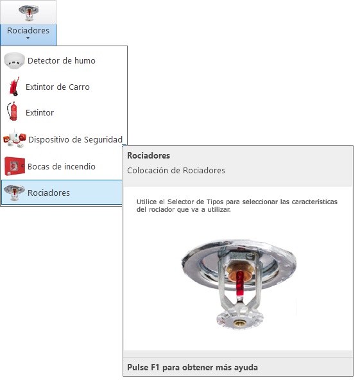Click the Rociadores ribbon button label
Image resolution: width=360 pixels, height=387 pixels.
[x=28, y=30]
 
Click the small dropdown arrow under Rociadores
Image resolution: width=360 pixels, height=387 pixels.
[x=28, y=39]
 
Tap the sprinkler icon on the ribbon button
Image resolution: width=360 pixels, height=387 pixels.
[x=29, y=13]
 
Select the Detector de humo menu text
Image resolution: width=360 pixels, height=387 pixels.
[x=62, y=60]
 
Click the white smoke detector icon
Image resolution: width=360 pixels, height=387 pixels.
[x=14, y=60]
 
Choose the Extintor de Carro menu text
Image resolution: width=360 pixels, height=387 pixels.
[x=58, y=87]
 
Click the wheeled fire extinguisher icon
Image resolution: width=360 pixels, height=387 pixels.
[x=14, y=87]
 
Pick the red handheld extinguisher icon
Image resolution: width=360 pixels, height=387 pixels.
[x=13, y=111]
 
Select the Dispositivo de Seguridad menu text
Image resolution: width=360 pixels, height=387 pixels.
[x=75, y=139]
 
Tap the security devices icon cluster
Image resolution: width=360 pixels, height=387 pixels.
[x=15, y=138]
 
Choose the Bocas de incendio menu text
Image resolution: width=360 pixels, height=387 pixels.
[x=62, y=166]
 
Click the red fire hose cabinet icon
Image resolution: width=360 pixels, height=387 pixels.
[x=15, y=166]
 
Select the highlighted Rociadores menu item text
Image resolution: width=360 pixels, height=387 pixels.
[x=49, y=193]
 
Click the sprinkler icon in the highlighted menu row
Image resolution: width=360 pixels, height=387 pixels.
[x=14, y=193]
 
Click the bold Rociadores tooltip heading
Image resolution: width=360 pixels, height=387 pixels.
[x=148, y=155]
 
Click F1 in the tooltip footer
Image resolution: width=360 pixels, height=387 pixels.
[x=155, y=367]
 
